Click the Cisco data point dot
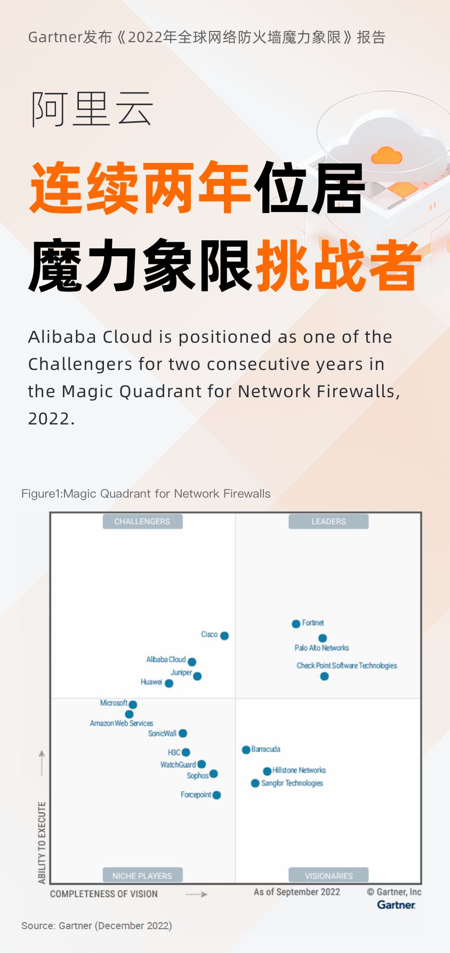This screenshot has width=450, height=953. [x=224, y=635]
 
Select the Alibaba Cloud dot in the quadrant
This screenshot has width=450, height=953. [x=192, y=662]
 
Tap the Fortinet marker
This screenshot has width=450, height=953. [x=296, y=624]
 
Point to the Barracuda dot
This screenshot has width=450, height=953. [x=246, y=750]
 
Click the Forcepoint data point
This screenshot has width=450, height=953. [x=216, y=795]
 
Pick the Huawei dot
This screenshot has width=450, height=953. [x=169, y=683]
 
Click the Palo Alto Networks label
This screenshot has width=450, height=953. [x=322, y=648]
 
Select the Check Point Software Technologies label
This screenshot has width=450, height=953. [x=347, y=665]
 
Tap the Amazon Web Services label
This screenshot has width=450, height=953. [x=122, y=723]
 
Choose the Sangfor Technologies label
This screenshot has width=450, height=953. [x=292, y=783]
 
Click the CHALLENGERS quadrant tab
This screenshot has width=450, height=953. [x=142, y=521]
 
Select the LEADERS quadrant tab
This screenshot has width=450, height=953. [x=328, y=521]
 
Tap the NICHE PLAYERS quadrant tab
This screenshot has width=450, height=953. [x=142, y=876]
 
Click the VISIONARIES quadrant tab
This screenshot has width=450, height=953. [x=328, y=876]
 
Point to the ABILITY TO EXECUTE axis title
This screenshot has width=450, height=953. [x=42, y=842]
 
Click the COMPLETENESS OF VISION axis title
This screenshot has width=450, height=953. [x=104, y=894]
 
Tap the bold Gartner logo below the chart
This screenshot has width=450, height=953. [x=396, y=905]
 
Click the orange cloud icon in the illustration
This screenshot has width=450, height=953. [x=387, y=155]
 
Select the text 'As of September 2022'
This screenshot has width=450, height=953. [x=297, y=892]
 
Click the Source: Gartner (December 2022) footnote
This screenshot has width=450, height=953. [x=97, y=926]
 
